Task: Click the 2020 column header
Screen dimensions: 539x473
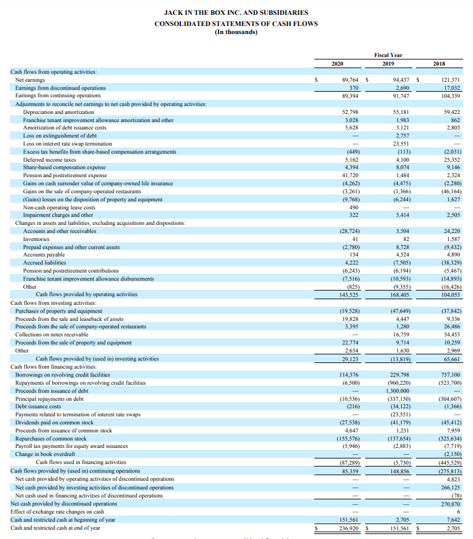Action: point(337,64)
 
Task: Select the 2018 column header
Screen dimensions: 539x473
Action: point(439,64)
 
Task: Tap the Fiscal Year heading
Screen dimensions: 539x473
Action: point(388,55)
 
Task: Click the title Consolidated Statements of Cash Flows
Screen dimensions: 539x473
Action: point(236,24)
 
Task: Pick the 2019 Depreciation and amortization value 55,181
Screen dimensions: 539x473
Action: point(402,112)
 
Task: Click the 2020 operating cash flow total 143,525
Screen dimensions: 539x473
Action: point(350,295)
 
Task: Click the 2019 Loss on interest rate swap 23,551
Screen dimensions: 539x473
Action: point(402,144)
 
